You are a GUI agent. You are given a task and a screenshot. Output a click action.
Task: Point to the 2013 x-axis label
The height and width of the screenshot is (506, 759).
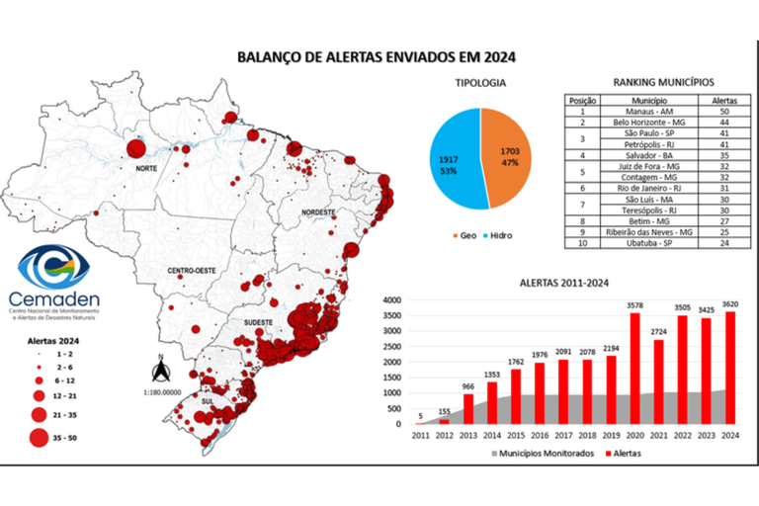(x=469, y=434)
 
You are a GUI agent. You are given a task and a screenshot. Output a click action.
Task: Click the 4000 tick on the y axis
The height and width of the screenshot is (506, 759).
(x=391, y=300)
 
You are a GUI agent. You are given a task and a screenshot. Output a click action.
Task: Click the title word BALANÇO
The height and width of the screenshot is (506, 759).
(x=269, y=57)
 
